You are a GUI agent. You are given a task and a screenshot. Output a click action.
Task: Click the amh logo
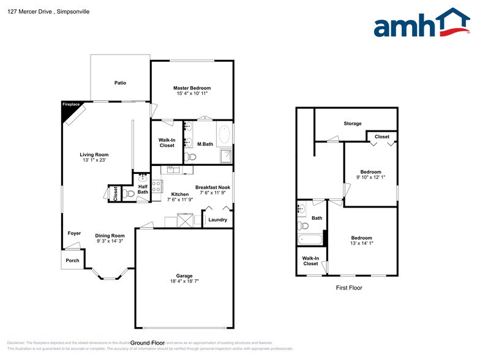(x=421, y=24)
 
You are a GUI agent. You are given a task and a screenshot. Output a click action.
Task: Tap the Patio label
(x=120, y=83)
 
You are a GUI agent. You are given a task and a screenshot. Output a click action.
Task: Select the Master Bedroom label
(x=192, y=88)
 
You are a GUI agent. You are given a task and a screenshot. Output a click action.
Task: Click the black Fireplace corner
(x=68, y=108)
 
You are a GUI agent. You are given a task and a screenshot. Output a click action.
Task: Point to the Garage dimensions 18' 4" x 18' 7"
(x=184, y=282)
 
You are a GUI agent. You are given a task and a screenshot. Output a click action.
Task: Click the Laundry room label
(x=217, y=220)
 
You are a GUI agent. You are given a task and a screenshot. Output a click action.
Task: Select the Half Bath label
(x=143, y=189)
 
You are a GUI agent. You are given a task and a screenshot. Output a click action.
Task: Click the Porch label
(x=72, y=261)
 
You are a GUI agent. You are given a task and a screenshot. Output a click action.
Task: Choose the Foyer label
(x=74, y=233)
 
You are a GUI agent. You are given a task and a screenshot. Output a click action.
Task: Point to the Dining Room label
(x=110, y=236)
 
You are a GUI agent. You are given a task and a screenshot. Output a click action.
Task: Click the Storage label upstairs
(x=352, y=124)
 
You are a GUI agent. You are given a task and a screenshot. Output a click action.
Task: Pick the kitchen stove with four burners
(x=156, y=187)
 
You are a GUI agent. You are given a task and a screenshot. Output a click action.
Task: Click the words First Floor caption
(x=349, y=288)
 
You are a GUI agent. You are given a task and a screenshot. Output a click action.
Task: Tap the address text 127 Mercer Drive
(x=31, y=11)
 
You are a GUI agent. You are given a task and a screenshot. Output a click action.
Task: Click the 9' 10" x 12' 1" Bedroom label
(x=370, y=178)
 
